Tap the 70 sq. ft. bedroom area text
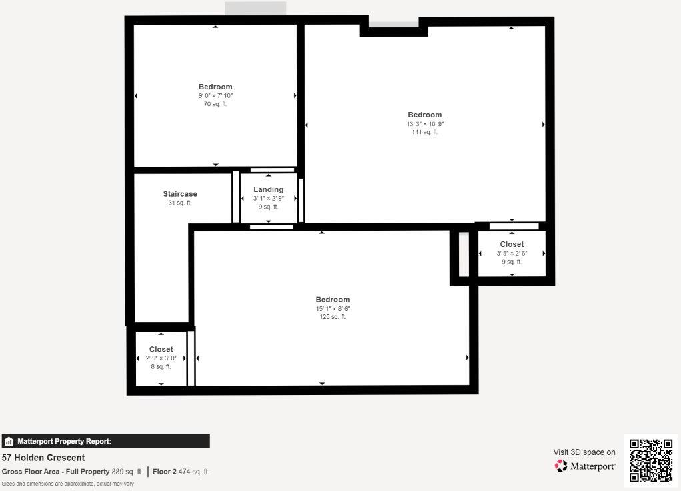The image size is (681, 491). [215, 104]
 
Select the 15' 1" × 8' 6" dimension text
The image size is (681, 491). [333, 308]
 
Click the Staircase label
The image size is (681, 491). [180, 194]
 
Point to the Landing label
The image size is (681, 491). [268, 189]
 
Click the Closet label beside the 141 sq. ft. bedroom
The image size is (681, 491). [512, 244]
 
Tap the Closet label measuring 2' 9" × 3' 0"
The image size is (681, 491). [161, 349]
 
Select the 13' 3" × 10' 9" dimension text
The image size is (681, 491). [425, 124]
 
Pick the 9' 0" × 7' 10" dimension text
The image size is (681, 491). [215, 95]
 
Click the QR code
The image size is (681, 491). [650, 460]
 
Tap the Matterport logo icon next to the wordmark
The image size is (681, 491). [561, 466]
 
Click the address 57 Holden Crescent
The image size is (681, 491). [43, 458]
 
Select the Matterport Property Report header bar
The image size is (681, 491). [105, 441]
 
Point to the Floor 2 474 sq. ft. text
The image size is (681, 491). [181, 472]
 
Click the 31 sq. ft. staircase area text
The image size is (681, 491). [180, 203]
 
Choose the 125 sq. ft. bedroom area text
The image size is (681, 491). [333, 317]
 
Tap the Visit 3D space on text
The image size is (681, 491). [584, 452]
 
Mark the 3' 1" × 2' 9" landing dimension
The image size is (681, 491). [268, 198]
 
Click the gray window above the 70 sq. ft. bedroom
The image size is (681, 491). [255, 9]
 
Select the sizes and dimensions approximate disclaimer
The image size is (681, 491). [67, 484]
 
